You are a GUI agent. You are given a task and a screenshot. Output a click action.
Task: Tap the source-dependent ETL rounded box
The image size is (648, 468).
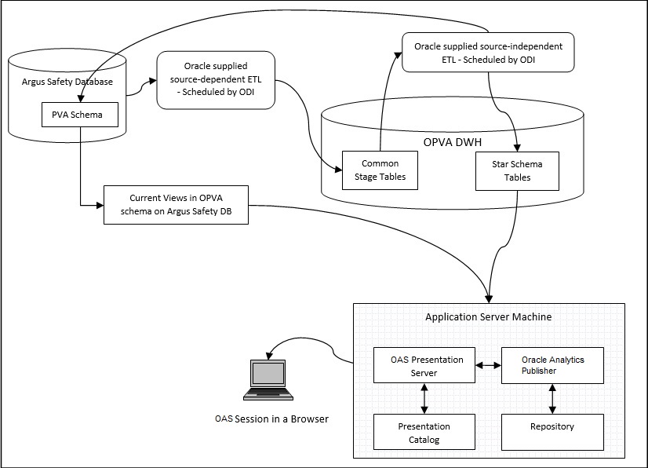[216, 80]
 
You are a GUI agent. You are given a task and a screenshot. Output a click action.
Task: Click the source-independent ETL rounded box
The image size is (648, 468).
[488, 52]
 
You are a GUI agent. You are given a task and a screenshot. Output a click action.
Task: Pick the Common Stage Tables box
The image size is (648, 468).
[380, 170]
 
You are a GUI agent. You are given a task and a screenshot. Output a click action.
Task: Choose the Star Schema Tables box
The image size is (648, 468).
[517, 170]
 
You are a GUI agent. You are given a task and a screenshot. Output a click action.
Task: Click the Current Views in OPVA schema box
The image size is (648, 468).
[177, 206]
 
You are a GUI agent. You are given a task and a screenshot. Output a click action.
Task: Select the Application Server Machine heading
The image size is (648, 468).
[488, 317]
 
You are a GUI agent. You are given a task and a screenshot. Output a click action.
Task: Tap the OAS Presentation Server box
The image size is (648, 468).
[424, 366]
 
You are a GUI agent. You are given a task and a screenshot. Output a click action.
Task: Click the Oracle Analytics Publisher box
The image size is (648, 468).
[553, 365]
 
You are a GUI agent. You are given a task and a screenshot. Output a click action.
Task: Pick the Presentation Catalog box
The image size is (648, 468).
[424, 433]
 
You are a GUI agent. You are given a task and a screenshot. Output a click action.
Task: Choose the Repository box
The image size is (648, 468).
[553, 426]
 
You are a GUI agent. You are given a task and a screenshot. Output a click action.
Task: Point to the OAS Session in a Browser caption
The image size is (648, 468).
[271, 419]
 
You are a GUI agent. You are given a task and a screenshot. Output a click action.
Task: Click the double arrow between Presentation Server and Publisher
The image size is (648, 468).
[489, 365]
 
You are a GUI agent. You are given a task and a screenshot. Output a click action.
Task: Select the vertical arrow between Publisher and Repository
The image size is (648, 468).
[553, 399]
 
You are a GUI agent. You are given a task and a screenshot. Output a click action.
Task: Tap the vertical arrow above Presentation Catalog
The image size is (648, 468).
[424, 399]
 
